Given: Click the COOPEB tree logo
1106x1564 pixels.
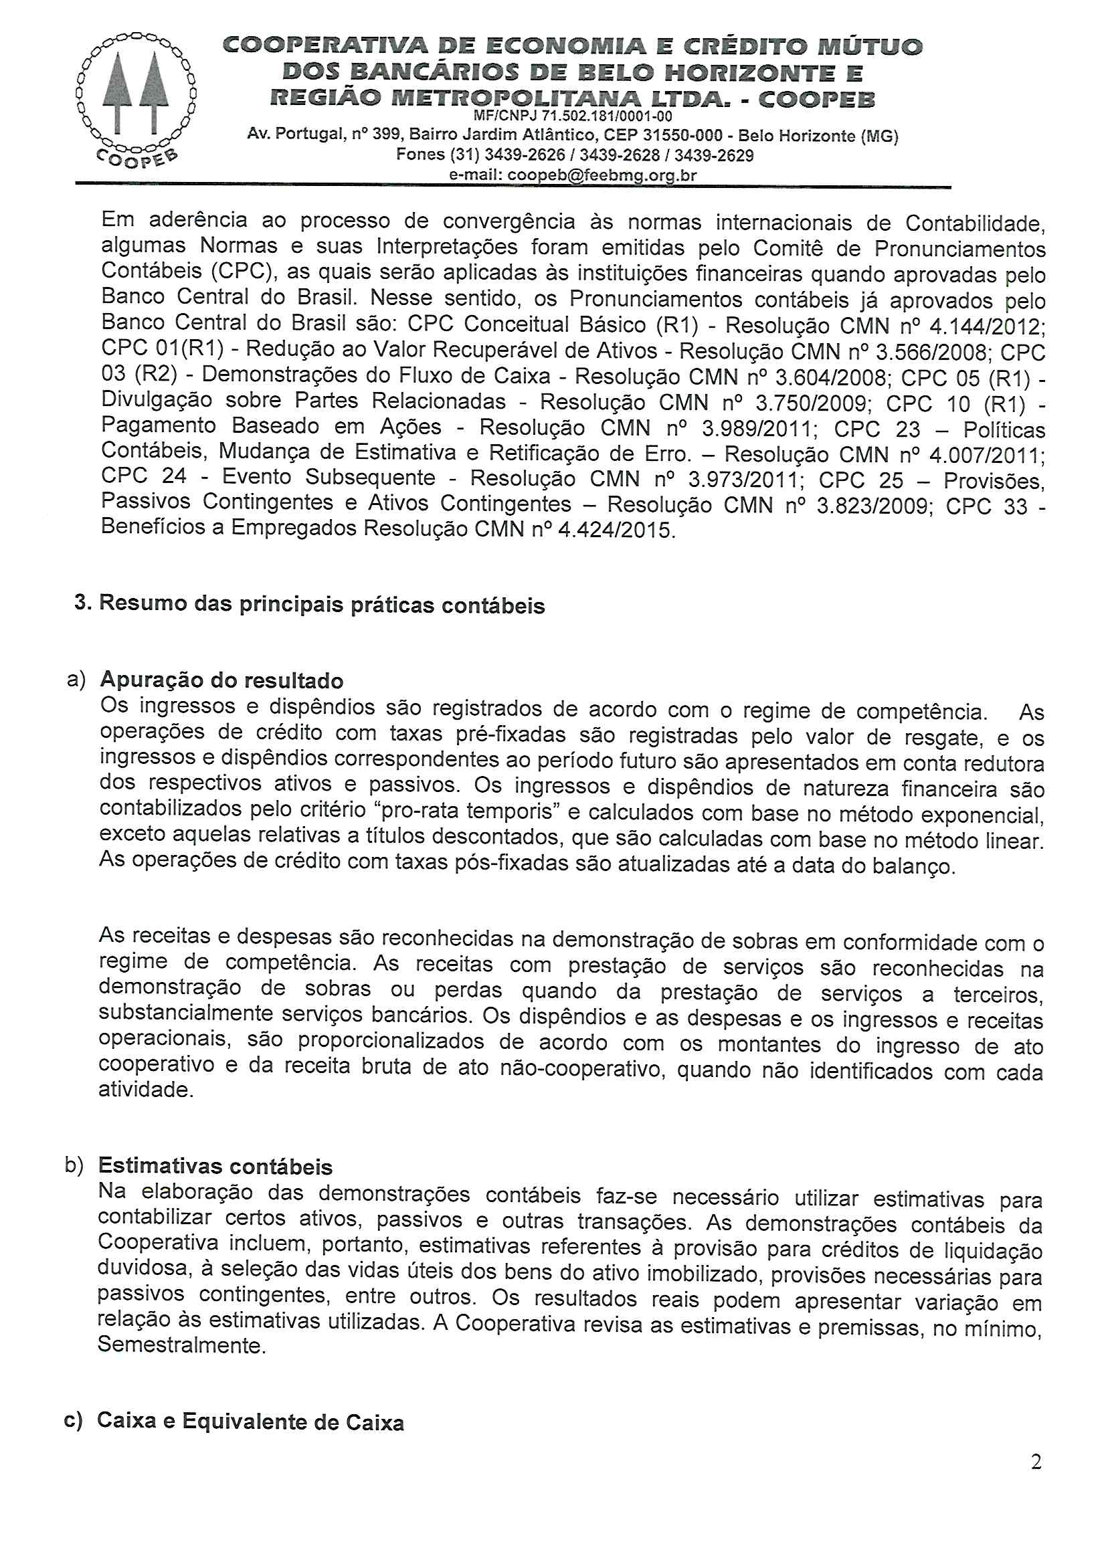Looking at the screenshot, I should coord(136,97).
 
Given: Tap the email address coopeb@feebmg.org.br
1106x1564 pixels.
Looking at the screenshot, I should coord(602,175).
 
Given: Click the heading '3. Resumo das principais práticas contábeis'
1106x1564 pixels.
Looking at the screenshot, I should coord(310,604).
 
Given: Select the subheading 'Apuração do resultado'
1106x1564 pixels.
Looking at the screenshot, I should coord(221,680).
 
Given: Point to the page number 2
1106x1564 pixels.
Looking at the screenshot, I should coord(1036,1462).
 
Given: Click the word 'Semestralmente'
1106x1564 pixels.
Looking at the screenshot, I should coord(181,1345).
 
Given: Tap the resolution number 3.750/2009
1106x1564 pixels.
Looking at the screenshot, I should coord(812,403).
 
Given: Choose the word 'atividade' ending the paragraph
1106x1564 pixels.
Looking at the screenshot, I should coord(145,1090).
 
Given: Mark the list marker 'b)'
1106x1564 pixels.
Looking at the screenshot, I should coord(74,1165).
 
